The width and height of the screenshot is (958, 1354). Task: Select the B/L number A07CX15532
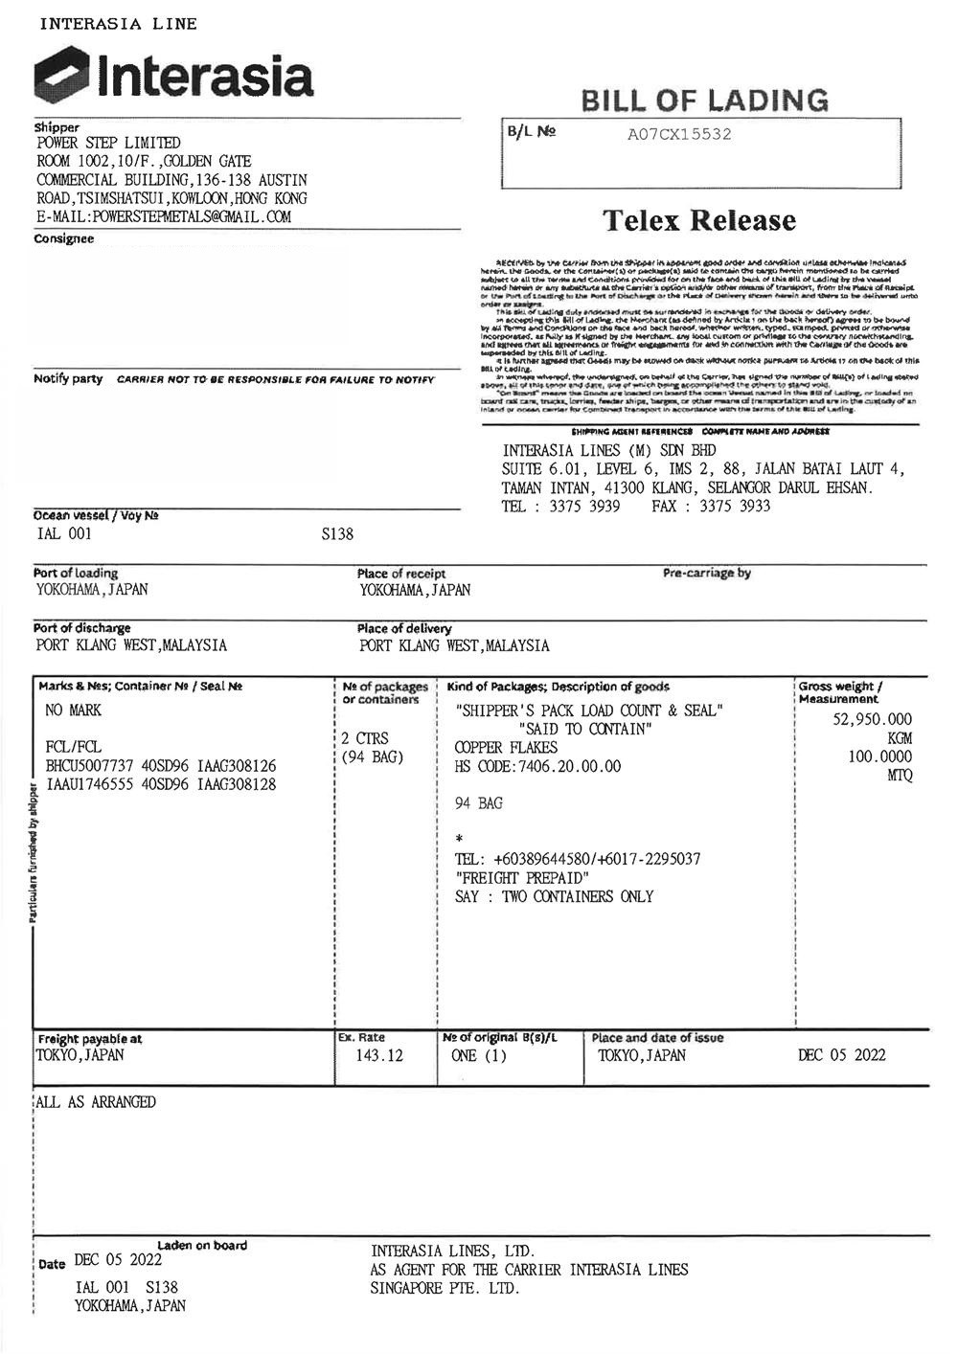[x=679, y=134]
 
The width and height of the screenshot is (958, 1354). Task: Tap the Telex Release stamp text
[x=699, y=220]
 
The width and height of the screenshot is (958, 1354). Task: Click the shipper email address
[x=163, y=217]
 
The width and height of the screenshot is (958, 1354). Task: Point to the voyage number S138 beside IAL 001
[x=337, y=534]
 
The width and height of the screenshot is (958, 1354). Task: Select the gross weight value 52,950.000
[x=873, y=719]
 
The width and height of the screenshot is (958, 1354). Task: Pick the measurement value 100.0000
[x=879, y=756]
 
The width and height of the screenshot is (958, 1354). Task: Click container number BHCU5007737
[x=88, y=766]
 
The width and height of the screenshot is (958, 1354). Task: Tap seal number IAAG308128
[x=237, y=784]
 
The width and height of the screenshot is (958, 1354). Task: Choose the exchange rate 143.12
[x=379, y=1055]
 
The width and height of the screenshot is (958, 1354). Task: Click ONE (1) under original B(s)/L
[x=478, y=1055]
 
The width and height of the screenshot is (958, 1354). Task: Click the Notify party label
[x=68, y=379]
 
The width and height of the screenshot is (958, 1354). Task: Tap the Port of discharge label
[x=81, y=628]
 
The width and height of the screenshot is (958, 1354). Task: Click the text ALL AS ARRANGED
[x=96, y=1102]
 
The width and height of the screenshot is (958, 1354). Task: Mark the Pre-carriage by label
[x=707, y=573]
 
